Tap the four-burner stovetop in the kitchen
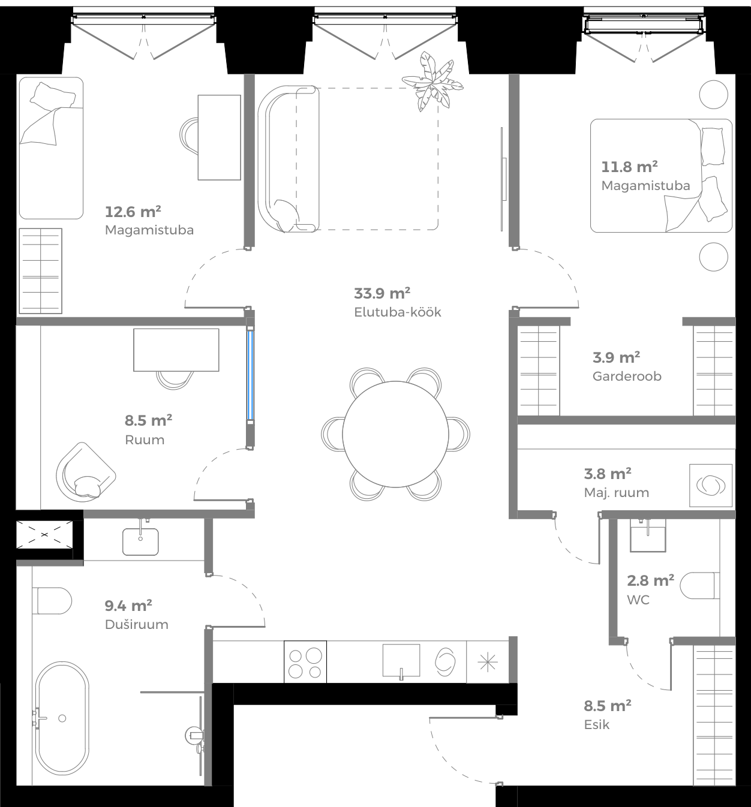click(x=305, y=661)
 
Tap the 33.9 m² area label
click(x=382, y=294)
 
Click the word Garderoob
click(x=627, y=377)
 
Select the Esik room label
click(x=596, y=725)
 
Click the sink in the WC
click(x=648, y=535)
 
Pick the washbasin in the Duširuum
click(x=141, y=541)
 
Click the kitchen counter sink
click(x=401, y=661)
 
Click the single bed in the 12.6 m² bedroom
click(x=50, y=148)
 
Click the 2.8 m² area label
click(x=650, y=580)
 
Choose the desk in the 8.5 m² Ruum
click(x=176, y=350)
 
